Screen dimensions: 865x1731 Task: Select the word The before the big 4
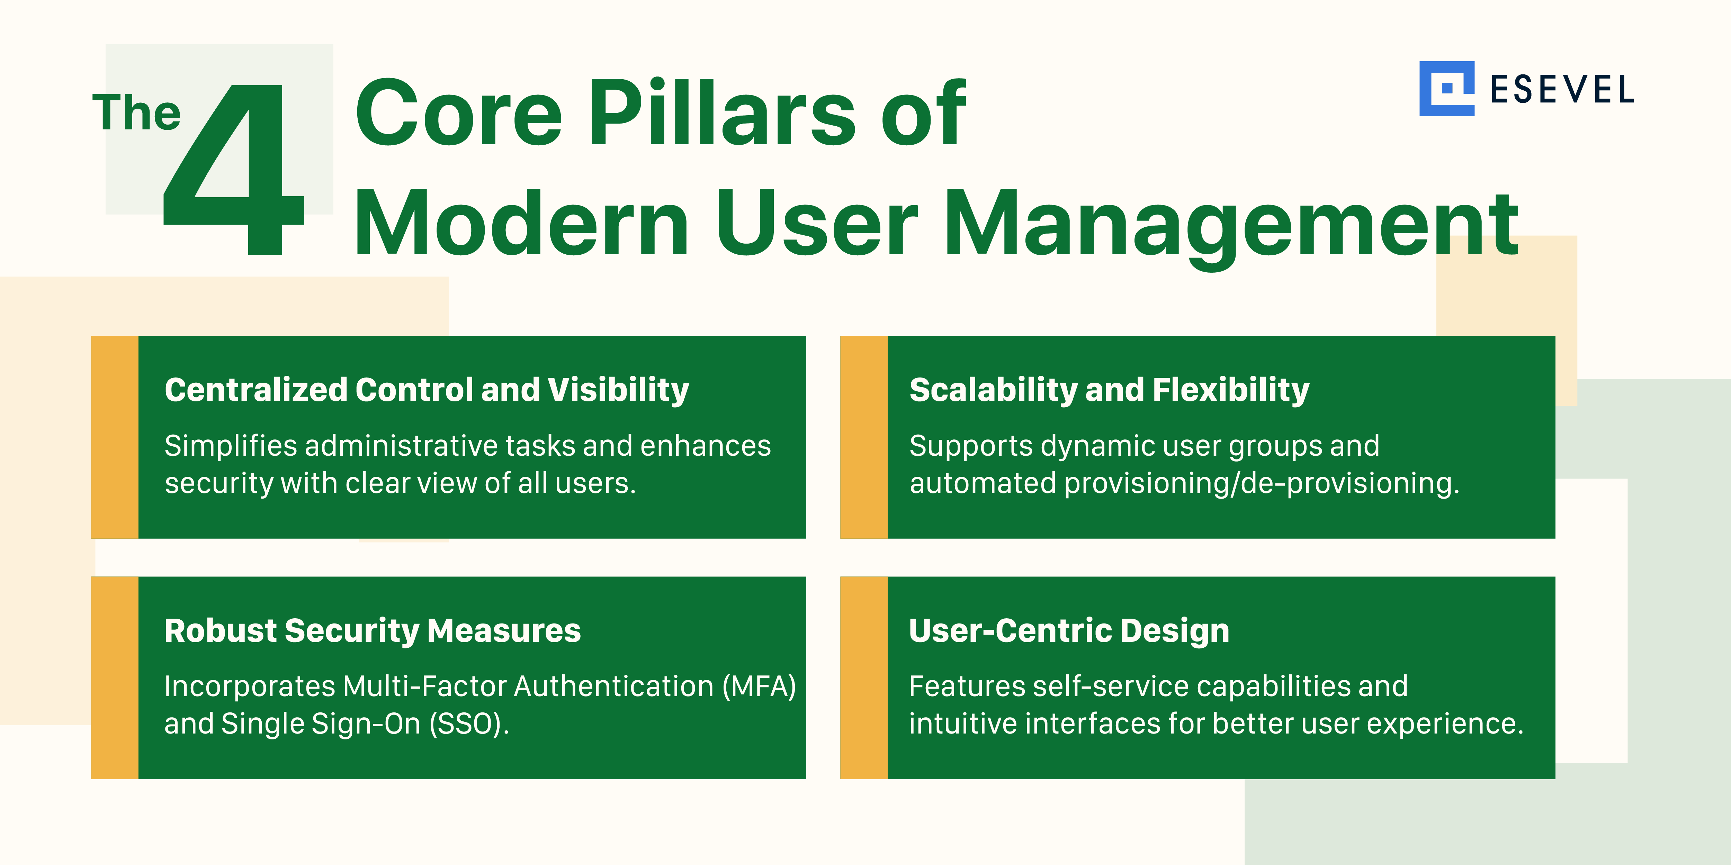pos(136,113)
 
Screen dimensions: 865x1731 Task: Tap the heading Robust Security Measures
pos(372,631)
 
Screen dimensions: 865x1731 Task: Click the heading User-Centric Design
pos(1068,631)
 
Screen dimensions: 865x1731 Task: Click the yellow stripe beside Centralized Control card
pos(114,437)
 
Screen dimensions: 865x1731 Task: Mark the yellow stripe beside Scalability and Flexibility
pos(863,437)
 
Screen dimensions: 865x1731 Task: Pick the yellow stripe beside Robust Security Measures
pos(114,677)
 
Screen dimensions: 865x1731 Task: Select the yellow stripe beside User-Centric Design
pos(863,677)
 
